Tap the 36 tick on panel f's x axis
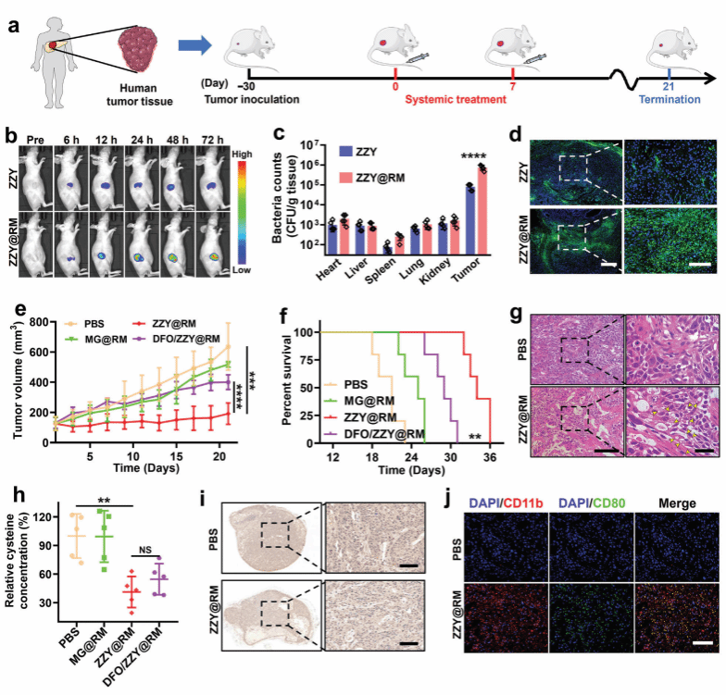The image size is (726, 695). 489,456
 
